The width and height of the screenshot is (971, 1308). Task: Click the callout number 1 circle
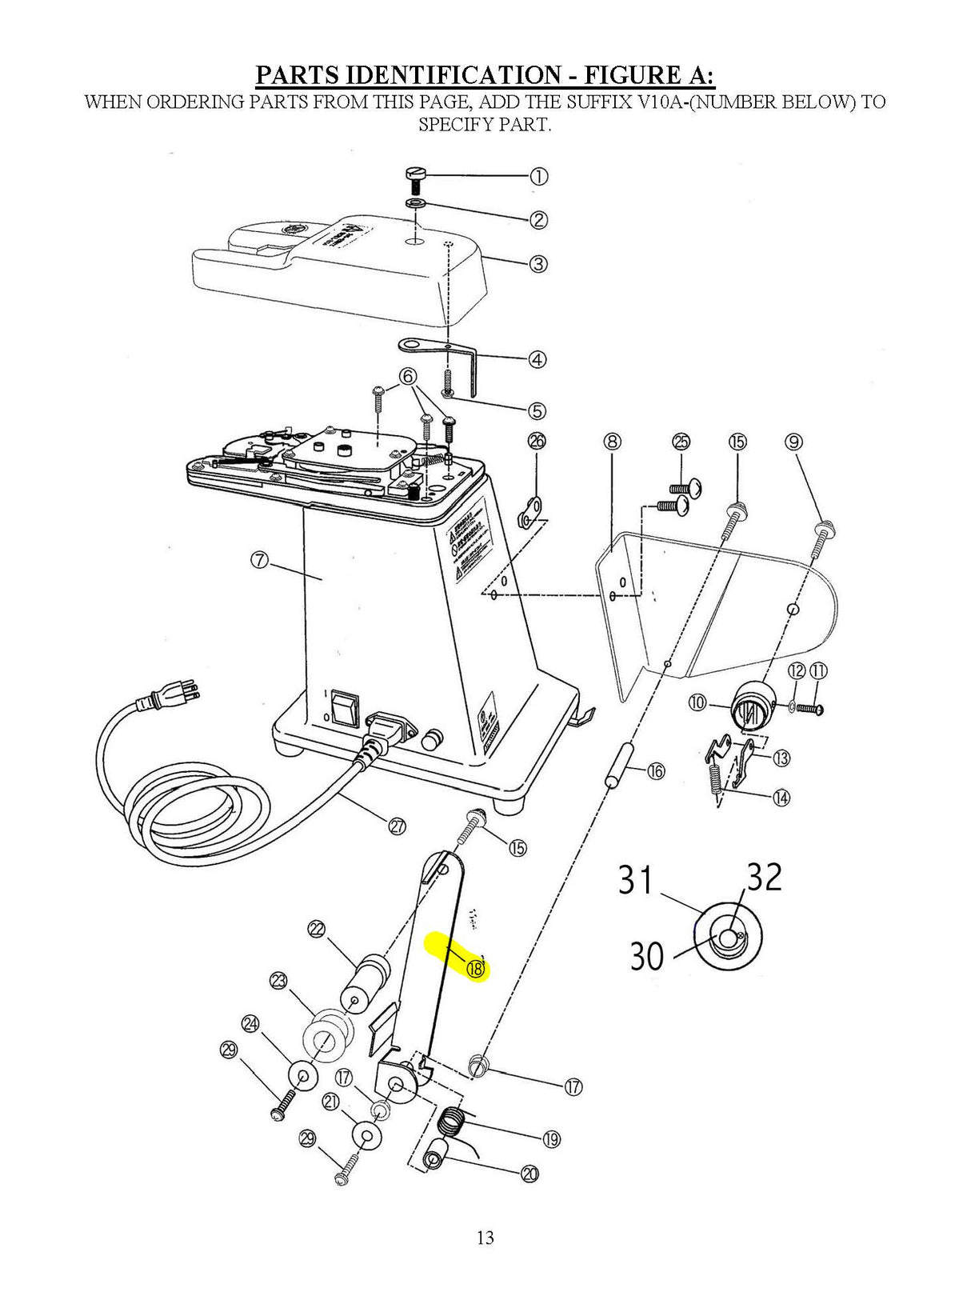coord(539,177)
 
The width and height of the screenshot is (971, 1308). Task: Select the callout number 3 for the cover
coord(538,263)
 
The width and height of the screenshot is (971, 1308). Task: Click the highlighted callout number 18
coord(475,969)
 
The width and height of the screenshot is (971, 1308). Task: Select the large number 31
coord(636,881)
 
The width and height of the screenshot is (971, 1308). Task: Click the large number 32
coord(764,878)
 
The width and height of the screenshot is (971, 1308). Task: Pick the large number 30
coord(646,955)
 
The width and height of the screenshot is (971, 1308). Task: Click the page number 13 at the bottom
coord(485,1238)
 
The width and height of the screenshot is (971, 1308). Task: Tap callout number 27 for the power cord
coord(397,827)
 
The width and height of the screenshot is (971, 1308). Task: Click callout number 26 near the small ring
coord(537,441)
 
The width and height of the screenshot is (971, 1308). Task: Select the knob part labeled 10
coord(750,704)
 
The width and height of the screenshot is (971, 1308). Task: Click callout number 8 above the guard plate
coord(612,441)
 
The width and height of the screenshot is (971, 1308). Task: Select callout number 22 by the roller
coord(316,929)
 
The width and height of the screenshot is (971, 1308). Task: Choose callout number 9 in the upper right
coord(793,442)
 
